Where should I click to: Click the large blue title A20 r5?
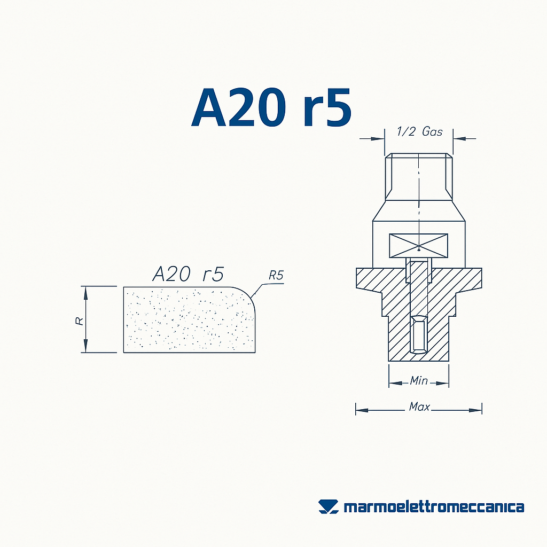[271, 108]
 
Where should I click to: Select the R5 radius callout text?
[276, 276]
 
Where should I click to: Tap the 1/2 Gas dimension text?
[419, 131]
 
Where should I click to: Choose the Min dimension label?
[418, 381]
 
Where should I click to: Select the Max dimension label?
[419, 407]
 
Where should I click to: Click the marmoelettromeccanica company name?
[433, 507]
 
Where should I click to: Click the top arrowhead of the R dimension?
[84, 291]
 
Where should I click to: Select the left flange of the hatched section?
[369, 279]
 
